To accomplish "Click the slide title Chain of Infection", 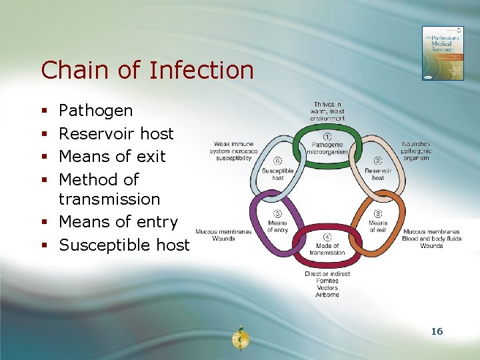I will pyautogui.click(x=147, y=70).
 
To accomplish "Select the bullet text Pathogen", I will pyautogui.click(x=95, y=111).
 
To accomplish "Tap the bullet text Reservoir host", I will pyautogui.click(x=116, y=133).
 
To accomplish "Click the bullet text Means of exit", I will pyautogui.click(x=112, y=156).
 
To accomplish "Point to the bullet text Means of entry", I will pyautogui.click(x=118, y=221).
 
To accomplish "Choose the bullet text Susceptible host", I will pyautogui.click(x=124, y=245).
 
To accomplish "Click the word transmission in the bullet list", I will pyautogui.click(x=109, y=199).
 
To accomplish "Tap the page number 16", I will pyautogui.click(x=437, y=331).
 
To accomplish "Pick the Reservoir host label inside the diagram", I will pyautogui.click(x=378, y=174).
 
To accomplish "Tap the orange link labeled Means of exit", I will pyautogui.click(x=378, y=227).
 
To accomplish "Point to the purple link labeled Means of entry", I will pyautogui.click(x=277, y=227).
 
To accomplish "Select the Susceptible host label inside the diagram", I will pyautogui.click(x=277, y=175).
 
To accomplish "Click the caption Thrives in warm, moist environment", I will pyautogui.click(x=327, y=111).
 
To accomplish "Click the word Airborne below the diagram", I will pyautogui.click(x=327, y=295).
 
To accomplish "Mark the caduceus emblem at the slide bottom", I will pyautogui.click(x=239, y=339).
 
